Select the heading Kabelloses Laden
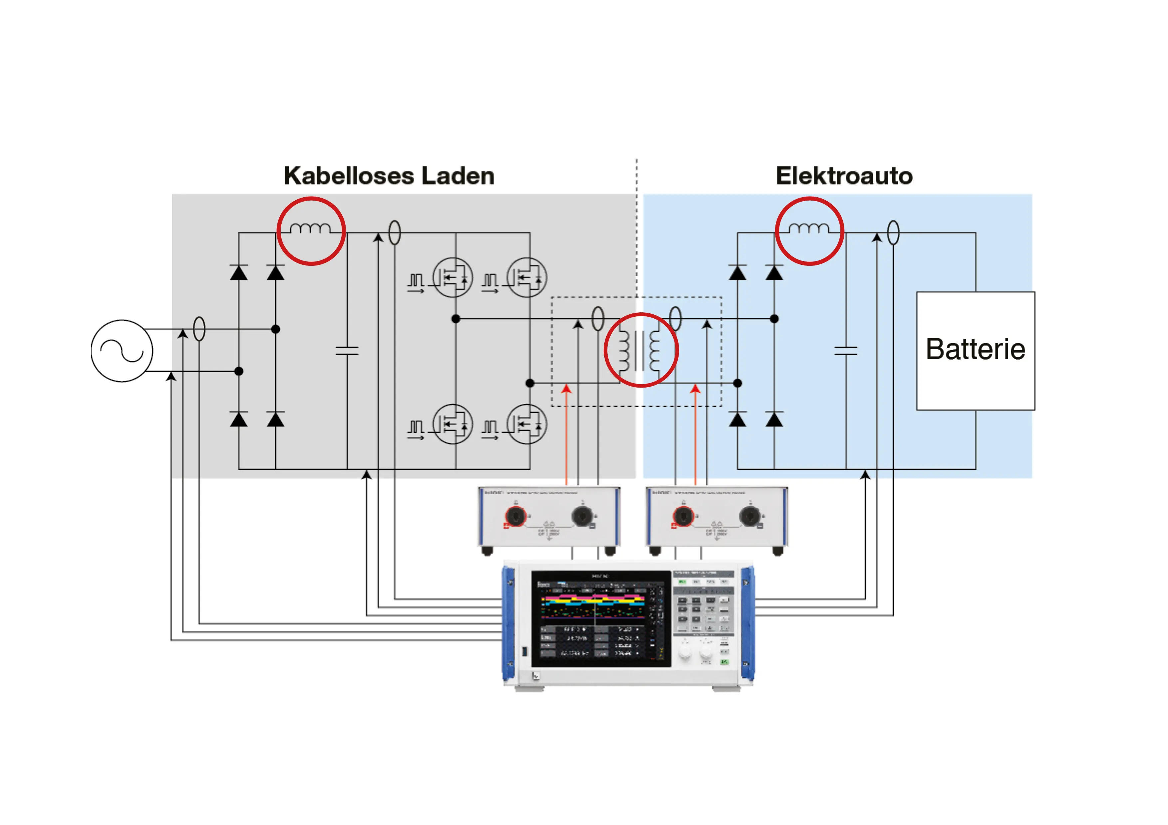[x=389, y=176]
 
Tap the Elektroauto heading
[x=844, y=176]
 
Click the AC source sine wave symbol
[x=122, y=351]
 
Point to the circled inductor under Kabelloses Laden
[x=311, y=231]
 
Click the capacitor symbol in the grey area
[x=347, y=350]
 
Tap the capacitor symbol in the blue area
[x=846, y=350]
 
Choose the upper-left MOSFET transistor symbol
[x=452, y=277]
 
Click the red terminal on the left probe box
[x=515, y=516]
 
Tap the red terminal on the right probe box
[x=683, y=516]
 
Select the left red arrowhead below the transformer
[x=566, y=389]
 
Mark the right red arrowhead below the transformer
[x=696, y=389]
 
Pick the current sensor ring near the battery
[x=893, y=233]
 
